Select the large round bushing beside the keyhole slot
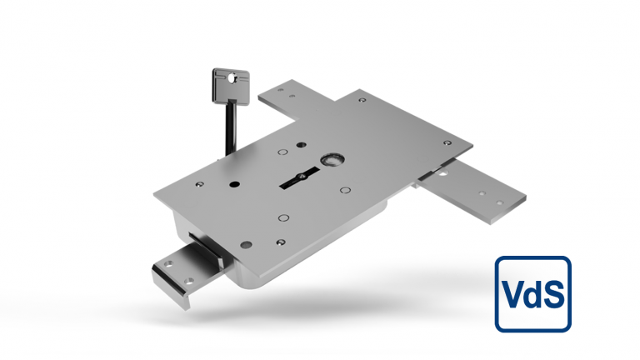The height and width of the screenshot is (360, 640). click(x=335, y=158)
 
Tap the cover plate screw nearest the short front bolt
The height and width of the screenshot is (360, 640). click(x=247, y=244)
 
